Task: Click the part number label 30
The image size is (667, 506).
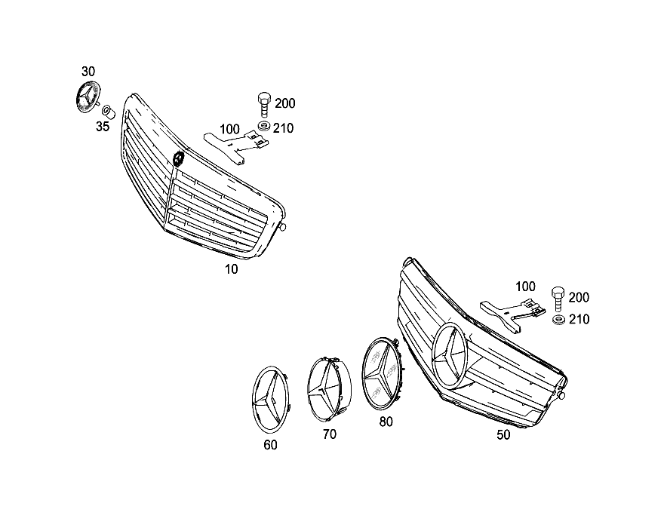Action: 88,72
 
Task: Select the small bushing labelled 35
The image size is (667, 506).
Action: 109,112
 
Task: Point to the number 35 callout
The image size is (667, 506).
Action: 103,126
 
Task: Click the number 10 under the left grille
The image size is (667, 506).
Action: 232,269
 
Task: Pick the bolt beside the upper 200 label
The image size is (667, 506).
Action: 263,105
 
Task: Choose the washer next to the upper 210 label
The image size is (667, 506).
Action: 264,126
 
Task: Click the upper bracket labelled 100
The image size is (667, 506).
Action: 236,145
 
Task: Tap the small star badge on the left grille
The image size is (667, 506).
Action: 178,159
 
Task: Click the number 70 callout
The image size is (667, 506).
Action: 330,434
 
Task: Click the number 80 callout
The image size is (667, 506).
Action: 386,422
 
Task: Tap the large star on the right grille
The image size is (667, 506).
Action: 450,355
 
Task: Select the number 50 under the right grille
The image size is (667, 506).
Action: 503,435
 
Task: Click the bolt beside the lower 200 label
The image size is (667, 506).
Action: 558,299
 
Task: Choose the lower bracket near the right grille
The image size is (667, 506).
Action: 512,315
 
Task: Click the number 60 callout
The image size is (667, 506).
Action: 271,445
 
